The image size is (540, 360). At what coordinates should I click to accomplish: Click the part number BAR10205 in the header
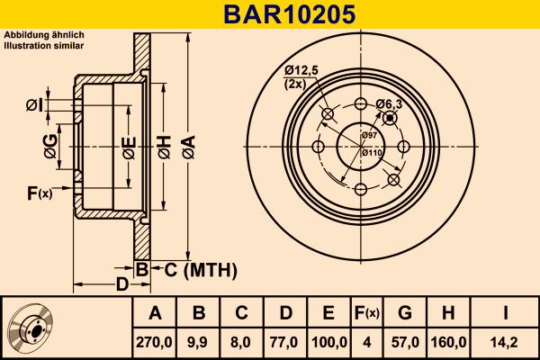coord(269,13)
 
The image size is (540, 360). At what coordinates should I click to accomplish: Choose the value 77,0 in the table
coord(285,342)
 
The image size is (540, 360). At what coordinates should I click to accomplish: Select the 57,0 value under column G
coord(404,342)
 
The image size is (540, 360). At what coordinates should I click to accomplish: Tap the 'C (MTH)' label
coord(198,268)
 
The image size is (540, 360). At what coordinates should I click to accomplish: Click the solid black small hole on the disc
coord(389,118)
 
